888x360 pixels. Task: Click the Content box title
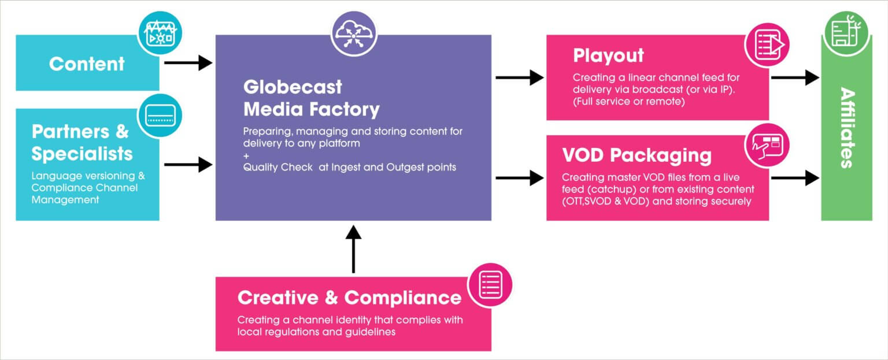87,64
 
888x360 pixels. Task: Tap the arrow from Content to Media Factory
188,62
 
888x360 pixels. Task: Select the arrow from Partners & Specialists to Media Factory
188,165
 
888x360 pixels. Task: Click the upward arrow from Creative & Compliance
353,249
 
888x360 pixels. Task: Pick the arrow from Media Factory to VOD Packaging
519,177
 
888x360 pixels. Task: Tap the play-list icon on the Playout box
767,45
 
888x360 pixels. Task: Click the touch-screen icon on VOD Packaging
767,144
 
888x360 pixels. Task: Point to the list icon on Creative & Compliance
490,284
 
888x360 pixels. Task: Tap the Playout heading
608,56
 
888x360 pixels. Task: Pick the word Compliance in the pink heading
403,298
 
